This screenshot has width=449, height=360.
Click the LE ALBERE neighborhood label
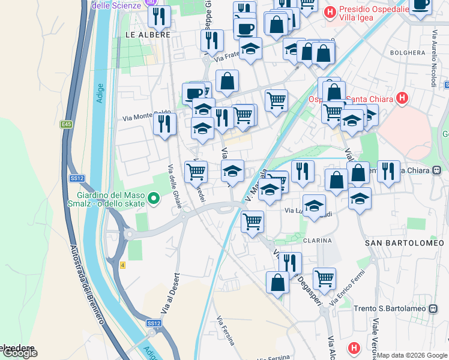click(x=148, y=35)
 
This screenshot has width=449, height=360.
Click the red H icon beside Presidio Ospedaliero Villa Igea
click(x=330, y=11)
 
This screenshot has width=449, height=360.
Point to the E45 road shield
click(x=65, y=124)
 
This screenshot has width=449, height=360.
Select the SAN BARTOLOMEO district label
click(x=405, y=243)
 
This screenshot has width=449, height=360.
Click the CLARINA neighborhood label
click(x=318, y=241)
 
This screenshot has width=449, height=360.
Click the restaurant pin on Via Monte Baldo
click(x=163, y=124)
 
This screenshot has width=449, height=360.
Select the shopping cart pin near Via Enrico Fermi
click(x=324, y=278)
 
